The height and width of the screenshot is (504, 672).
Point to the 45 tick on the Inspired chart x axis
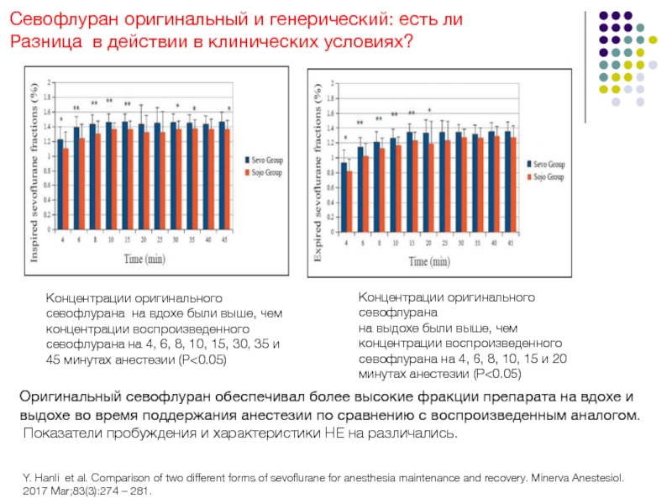click(224, 239)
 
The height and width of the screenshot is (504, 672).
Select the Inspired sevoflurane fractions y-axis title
click(34, 174)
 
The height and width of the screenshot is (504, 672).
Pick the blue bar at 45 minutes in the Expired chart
click(507, 181)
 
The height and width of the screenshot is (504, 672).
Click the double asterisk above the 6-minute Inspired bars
click(76, 108)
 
